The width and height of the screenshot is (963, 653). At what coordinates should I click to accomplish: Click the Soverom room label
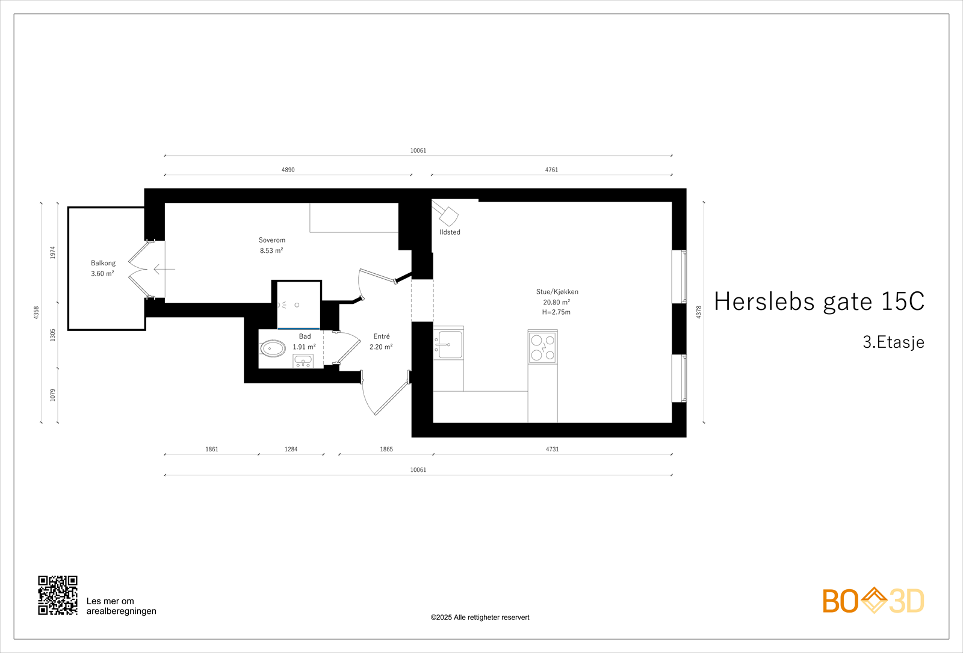tap(272, 240)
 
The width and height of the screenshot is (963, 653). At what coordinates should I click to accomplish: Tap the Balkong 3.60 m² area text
tap(102, 274)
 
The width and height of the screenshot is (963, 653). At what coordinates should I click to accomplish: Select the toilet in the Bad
tap(273, 348)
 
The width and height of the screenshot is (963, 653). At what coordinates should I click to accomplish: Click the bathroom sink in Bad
tap(303, 361)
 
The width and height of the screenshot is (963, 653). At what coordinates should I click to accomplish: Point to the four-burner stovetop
tap(542, 347)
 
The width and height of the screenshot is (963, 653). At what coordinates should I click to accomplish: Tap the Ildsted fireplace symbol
tap(447, 214)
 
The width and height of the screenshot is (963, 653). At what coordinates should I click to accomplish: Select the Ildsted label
tap(450, 232)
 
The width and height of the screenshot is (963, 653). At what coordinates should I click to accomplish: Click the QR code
tap(58, 595)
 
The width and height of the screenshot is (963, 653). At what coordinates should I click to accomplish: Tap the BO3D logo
tap(873, 601)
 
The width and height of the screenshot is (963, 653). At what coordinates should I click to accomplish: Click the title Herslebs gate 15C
tap(819, 302)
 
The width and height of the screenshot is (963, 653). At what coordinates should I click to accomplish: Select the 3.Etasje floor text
tap(893, 342)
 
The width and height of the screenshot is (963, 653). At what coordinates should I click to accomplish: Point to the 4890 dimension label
tap(288, 170)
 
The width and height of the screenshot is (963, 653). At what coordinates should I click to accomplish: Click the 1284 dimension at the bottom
tap(291, 449)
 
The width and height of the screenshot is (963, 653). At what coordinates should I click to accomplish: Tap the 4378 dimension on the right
tap(699, 312)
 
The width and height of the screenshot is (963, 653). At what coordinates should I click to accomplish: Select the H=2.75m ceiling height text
tap(556, 312)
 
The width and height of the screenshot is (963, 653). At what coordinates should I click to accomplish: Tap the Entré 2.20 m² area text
tap(380, 347)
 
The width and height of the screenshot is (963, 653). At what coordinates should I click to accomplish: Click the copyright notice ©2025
tap(480, 617)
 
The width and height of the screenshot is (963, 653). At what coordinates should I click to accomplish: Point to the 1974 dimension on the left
tap(52, 252)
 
